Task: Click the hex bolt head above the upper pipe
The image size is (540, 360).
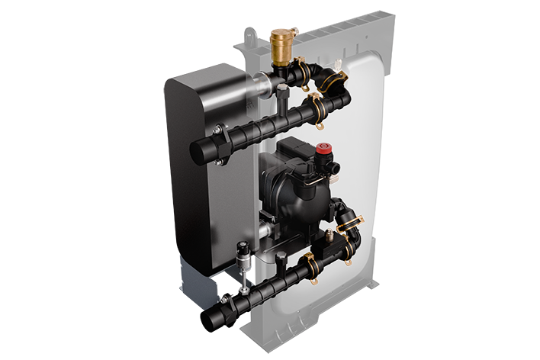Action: (283, 90)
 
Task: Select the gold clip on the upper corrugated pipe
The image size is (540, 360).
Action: (311, 109)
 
